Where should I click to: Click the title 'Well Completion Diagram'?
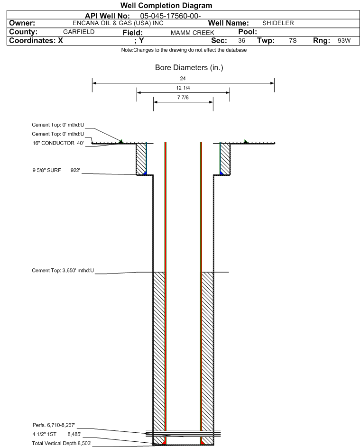(x=166, y=5)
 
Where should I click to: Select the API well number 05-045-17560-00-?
(x=170, y=16)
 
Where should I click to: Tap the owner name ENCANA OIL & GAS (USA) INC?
(x=118, y=23)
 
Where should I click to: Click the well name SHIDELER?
(x=278, y=23)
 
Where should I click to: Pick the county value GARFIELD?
(x=79, y=32)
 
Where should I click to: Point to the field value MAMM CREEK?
(x=192, y=33)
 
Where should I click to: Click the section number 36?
(x=241, y=40)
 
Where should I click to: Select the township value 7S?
(x=293, y=40)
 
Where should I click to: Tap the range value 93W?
(x=344, y=40)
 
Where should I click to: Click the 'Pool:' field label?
(x=248, y=32)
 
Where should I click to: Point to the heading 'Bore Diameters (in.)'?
(x=189, y=68)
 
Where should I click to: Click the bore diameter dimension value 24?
(x=183, y=78)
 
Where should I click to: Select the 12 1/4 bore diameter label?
(x=183, y=88)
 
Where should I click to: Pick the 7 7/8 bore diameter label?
(x=183, y=97)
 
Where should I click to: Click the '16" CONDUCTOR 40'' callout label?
(x=58, y=143)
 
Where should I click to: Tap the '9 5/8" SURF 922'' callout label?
(x=56, y=171)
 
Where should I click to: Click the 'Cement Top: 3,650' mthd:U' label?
(x=63, y=270)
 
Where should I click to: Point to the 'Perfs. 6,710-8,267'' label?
(x=54, y=425)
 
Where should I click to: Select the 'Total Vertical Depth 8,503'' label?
(x=62, y=443)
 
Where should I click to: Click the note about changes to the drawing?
(x=184, y=50)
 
